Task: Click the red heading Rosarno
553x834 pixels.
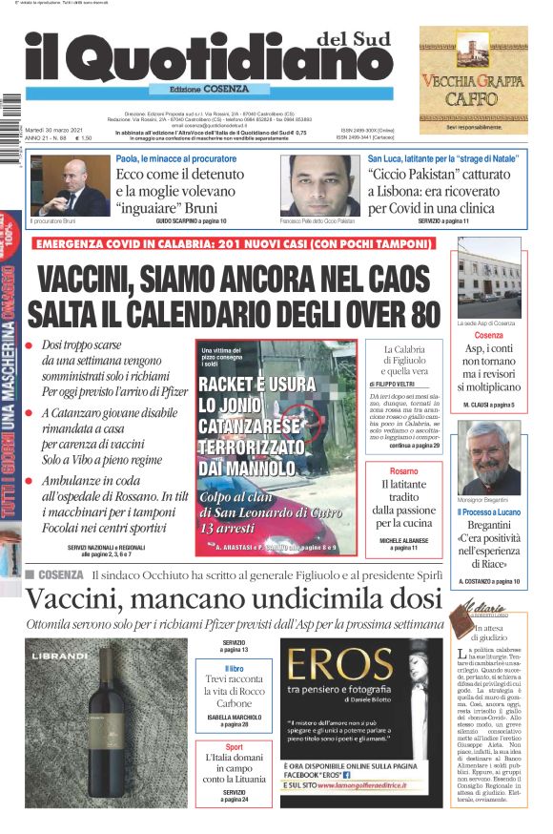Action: click(403, 471)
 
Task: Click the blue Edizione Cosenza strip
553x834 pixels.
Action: click(204, 89)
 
